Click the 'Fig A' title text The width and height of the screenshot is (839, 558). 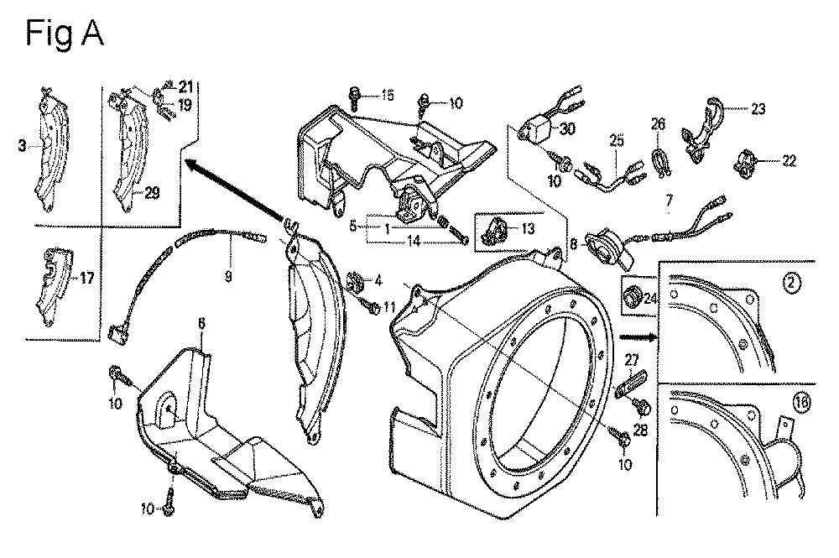point(65,34)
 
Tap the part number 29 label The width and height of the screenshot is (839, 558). point(152,193)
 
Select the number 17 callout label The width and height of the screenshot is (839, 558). point(86,279)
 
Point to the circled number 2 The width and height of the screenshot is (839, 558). point(791,284)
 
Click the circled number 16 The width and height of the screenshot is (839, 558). point(801,402)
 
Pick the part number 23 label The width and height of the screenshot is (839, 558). point(758,108)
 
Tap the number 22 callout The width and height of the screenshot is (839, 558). point(789,160)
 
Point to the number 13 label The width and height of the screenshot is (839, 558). point(528,229)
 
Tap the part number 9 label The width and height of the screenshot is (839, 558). point(228,277)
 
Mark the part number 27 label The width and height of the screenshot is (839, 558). point(632,359)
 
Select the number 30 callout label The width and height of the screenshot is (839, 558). point(566,129)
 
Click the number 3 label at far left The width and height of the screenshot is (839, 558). point(22,145)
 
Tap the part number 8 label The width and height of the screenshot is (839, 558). point(573,244)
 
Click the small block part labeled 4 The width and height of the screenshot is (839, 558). point(355,280)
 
